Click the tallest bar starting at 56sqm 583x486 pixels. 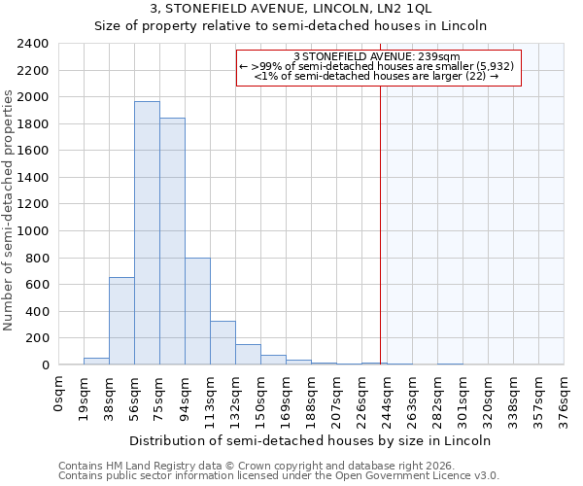[x=147, y=233]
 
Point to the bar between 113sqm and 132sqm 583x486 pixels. [x=223, y=343]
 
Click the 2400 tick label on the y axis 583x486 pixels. [x=34, y=44]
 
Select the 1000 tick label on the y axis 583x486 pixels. [x=34, y=231]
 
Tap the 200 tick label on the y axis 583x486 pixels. [x=38, y=338]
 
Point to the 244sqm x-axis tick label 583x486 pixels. [x=388, y=399]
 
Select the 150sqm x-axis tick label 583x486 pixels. [x=261, y=399]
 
